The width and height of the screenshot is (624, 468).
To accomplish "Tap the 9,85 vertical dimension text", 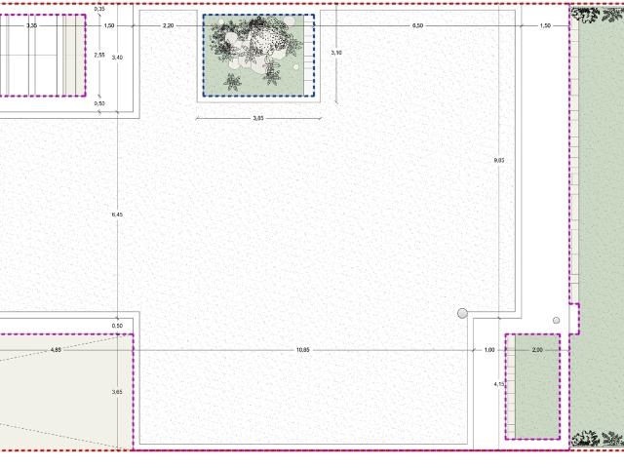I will pos(499,159).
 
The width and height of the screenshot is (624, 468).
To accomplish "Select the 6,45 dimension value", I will pos(117,214).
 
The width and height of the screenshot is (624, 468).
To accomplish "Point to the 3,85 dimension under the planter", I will pos(258,118).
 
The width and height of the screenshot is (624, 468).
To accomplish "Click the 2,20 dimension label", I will pos(169,25).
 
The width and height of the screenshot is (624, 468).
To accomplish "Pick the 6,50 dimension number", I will pos(418,25).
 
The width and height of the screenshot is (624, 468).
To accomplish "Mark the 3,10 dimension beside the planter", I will pos(337,52).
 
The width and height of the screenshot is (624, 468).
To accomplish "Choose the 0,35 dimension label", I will pos(99,9).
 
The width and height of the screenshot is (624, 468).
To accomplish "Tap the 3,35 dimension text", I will pos(32,25).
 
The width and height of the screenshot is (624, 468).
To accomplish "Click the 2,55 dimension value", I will pos(99,55).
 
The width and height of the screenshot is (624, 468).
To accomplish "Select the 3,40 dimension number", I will pos(117,58).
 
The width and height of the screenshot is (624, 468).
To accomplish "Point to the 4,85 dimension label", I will pos(56,349).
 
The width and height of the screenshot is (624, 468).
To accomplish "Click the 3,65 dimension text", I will pos(117,391).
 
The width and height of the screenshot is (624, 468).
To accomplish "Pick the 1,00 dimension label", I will pos(489,349).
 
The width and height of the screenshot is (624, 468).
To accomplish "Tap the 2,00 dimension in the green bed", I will pos(537,349).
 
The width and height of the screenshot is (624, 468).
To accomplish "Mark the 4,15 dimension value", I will pos(499,384).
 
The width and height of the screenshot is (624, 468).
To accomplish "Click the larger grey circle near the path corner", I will pos(463,313).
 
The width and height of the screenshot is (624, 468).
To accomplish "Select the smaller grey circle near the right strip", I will pos(556,320).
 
